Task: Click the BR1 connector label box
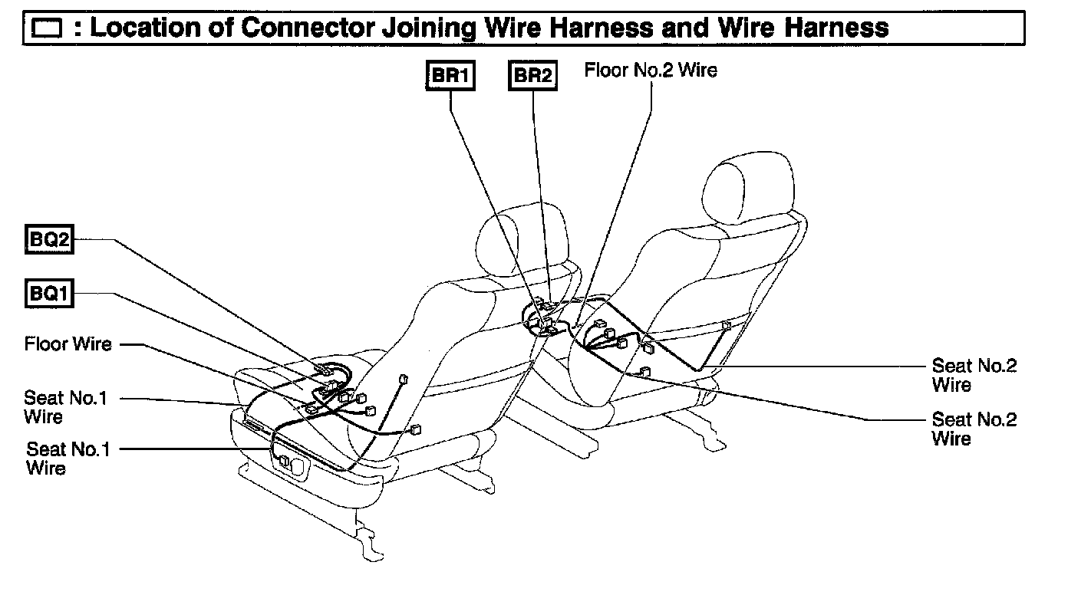450,76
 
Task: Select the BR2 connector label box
532,76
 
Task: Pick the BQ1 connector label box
50,294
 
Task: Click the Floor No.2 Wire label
651,71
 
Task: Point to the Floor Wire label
68,344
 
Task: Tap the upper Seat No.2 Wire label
974,375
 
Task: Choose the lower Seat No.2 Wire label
974,429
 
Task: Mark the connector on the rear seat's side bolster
726,326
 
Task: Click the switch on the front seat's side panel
285,461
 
